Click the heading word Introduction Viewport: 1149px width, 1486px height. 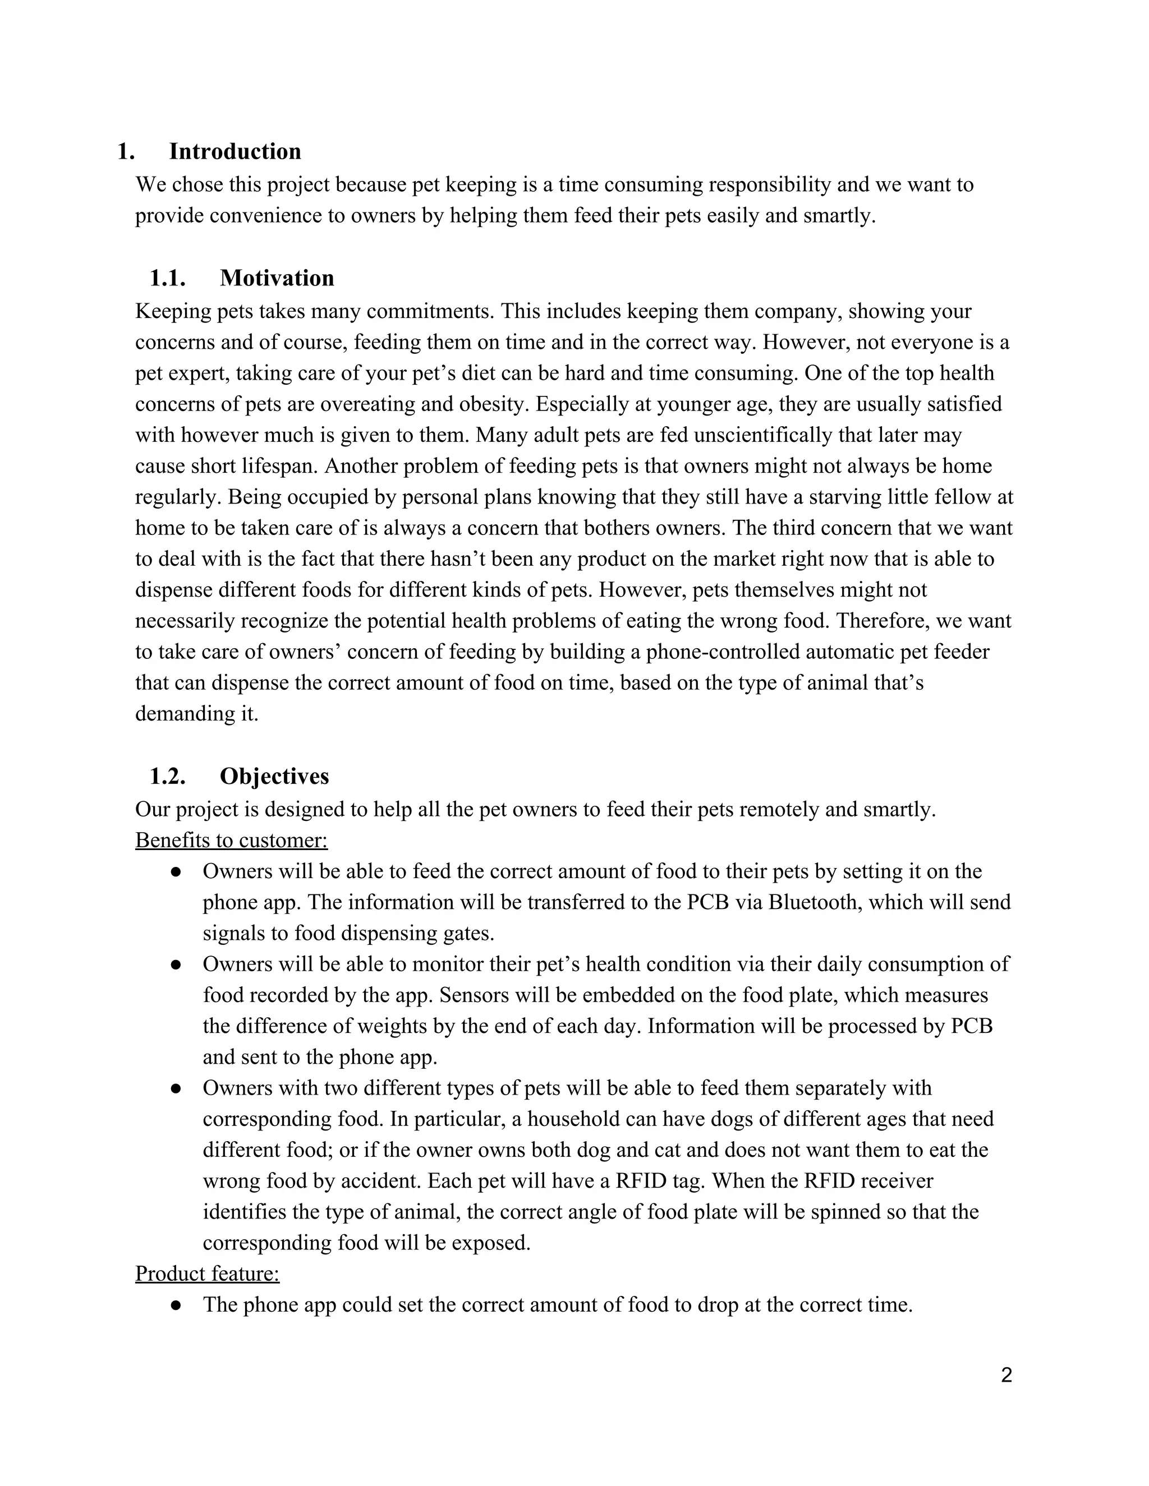point(235,151)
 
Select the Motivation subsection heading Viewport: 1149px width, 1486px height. point(277,278)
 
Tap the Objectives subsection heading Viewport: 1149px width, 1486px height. point(274,776)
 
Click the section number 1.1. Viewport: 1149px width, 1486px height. point(167,278)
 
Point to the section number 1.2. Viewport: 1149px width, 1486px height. point(167,776)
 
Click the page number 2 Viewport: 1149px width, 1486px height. point(1006,1375)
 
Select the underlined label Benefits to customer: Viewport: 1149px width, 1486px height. point(232,841)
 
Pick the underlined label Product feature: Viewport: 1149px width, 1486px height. point(207,1273)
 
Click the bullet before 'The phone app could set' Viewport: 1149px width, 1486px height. point(176,1305)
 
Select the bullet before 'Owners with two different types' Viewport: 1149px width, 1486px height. point(176,1088)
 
